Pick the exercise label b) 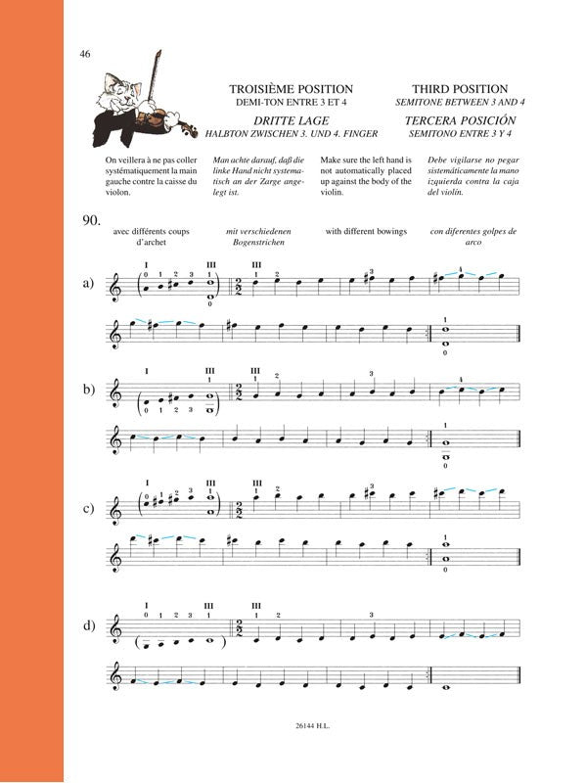point(88,391)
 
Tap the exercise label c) point(88,509)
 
